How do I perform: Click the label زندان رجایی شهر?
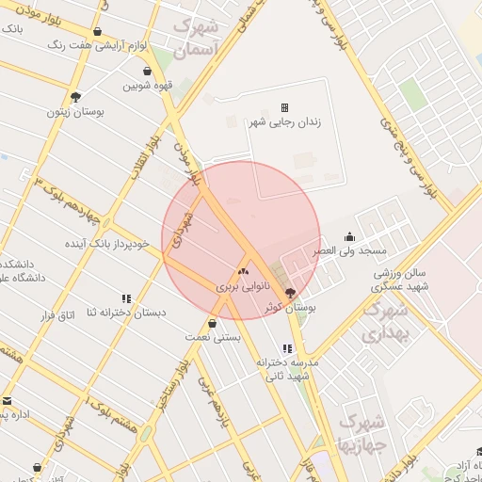(x=284, y=123)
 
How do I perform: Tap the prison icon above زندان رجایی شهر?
(x=284, y=108)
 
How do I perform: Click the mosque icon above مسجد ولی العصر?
(x=350, y=236)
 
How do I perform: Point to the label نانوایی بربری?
(x=243, y=285)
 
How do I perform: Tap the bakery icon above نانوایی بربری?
(x=243, y=271)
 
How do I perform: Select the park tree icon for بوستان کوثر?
(x=289, y=293)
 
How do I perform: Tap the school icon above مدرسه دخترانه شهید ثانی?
(x=287, y=348)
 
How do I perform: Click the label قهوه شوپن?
(x=147, y=86)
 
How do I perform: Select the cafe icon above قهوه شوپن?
(x=147, y=71)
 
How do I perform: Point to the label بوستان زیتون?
(x=75, y=111)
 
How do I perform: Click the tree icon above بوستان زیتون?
(x=75, y=96)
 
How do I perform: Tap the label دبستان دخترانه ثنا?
(x=126, y=313)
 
